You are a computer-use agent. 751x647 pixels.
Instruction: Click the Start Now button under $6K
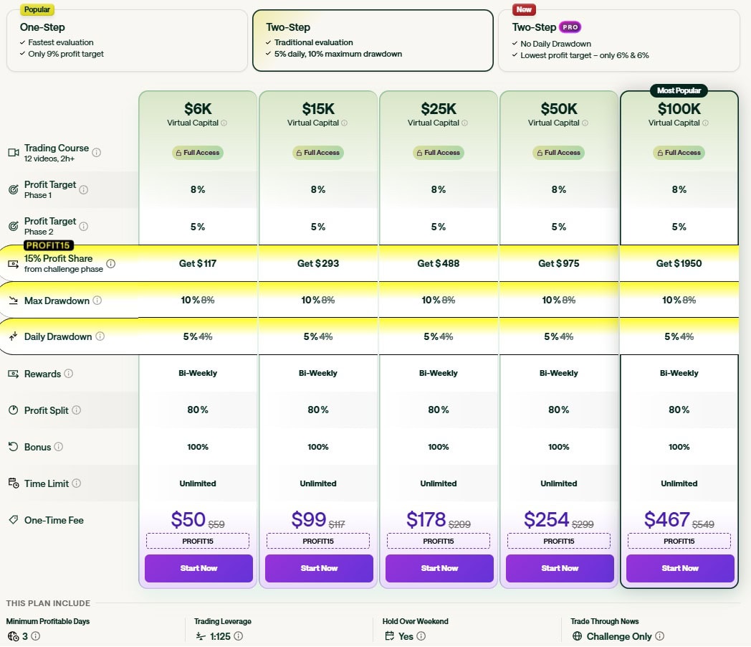[198, 568]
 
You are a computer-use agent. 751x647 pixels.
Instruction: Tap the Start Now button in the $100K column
[680, 568]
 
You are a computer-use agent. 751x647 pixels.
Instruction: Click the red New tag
[524, 9]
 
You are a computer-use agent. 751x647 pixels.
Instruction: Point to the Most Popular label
[679, 91]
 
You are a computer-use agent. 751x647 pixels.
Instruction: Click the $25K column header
[439, 109]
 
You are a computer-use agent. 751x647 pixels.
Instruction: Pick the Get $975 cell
[559, 263]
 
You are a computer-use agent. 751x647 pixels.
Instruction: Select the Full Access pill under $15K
[318, 153]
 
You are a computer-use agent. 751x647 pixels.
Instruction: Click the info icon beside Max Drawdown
[97, 301]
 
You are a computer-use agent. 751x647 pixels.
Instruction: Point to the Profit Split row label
[47, 410]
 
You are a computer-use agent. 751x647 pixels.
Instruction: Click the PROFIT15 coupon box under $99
[318, 541]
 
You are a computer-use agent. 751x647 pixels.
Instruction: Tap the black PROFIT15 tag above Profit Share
[49, 246]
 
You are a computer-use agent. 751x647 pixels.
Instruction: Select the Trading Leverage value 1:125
[219, 636]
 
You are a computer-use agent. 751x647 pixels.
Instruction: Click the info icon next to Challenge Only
[659, 636]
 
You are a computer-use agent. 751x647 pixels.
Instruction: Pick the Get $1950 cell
[679, 263]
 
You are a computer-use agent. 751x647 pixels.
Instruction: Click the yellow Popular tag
[36, 9]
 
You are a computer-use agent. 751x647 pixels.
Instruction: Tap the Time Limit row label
[46, 483]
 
